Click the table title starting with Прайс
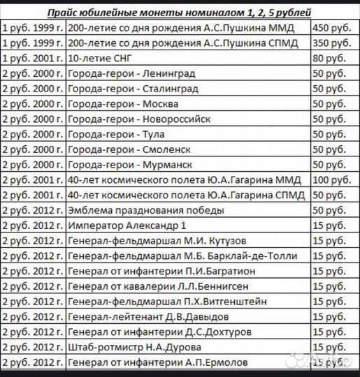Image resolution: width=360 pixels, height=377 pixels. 180,13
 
